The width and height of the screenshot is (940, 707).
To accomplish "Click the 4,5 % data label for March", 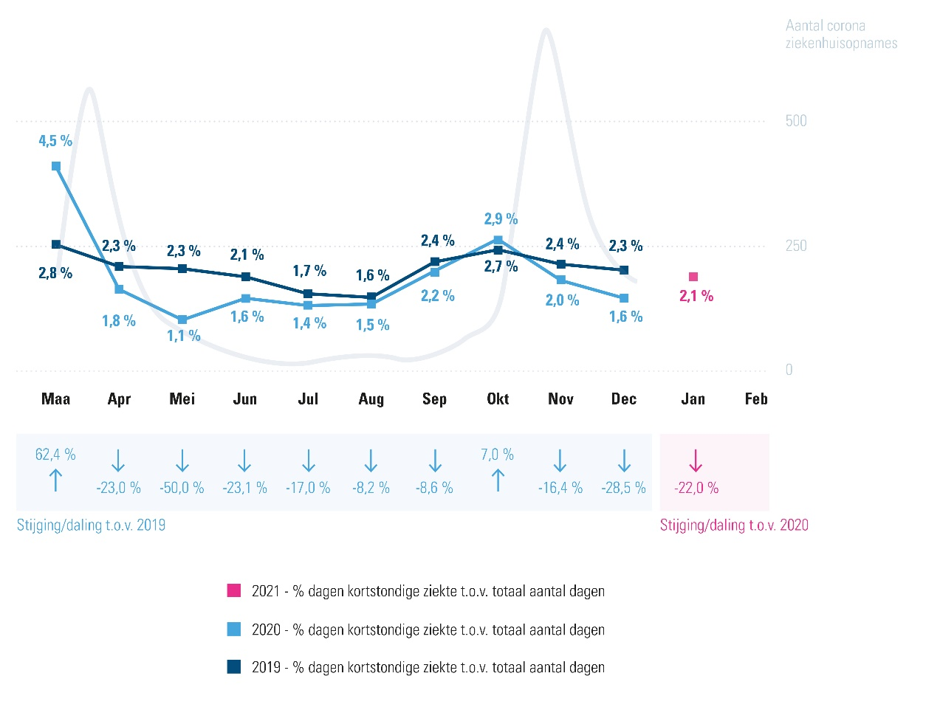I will [x=55, y=141].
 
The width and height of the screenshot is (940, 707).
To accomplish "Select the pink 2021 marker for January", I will [x=693, y=277].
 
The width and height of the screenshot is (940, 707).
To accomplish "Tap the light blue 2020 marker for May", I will [x=182, y=320].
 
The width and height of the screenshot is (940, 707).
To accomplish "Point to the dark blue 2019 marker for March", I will [x=56, y=244].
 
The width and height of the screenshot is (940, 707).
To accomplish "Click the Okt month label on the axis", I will [x=498, y=399].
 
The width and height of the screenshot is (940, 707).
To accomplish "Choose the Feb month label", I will [x=756, y=399].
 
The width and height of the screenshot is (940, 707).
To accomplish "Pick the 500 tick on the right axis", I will [x=796, y=121].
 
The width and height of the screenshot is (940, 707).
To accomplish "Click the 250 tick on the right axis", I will [x=796, y=246].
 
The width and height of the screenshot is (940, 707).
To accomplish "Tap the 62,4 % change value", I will [x=55, y=455].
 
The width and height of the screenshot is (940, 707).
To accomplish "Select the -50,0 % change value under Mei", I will [x=182, y=488].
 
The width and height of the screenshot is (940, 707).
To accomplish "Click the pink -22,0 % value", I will [x=696, y=488].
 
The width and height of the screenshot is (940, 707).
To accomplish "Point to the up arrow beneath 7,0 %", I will [x=498, y=480].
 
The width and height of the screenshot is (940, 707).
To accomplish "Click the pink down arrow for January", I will [x=696, y=461].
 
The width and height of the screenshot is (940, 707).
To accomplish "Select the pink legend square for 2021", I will [x=234, y=590].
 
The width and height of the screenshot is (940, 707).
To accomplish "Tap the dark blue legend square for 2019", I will [x=234, y=667].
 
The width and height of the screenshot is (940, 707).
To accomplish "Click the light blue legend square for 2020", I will [x=234, y=630].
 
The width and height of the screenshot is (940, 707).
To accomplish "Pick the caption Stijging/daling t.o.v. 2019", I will [x=92, y=525].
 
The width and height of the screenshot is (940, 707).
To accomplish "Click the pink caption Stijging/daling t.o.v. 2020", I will [x=734, y=525].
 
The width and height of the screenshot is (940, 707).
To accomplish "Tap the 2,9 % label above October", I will [x=501, y=219].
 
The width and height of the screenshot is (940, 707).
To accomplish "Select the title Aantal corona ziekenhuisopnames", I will [x=841, y=35].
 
